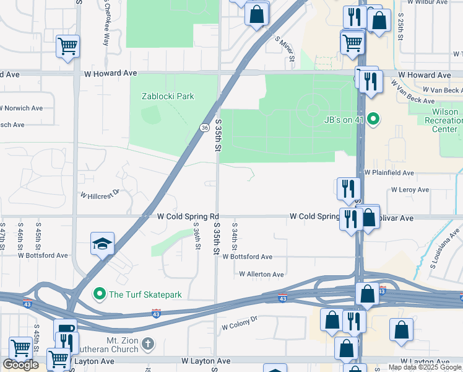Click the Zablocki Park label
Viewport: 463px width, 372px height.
click(168, 96)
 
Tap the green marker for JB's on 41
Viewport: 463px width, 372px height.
click(373, 119)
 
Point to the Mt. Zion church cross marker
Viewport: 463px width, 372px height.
click(147, 343)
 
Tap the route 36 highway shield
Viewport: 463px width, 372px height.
click(204, 127)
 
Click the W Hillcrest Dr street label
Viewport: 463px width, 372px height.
click(98, 194)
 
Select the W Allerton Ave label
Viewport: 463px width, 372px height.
click(261, 274)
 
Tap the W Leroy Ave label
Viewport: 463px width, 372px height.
click(410, 190)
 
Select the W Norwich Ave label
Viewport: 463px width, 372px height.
click(22, 108)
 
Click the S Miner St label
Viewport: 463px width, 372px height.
click(285, 51)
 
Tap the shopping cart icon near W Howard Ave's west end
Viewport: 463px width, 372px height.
click(67, 45)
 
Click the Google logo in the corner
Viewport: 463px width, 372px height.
click(20, 365)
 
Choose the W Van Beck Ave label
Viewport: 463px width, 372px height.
click(437, 91)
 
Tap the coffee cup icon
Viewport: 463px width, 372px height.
click(65, 329)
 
